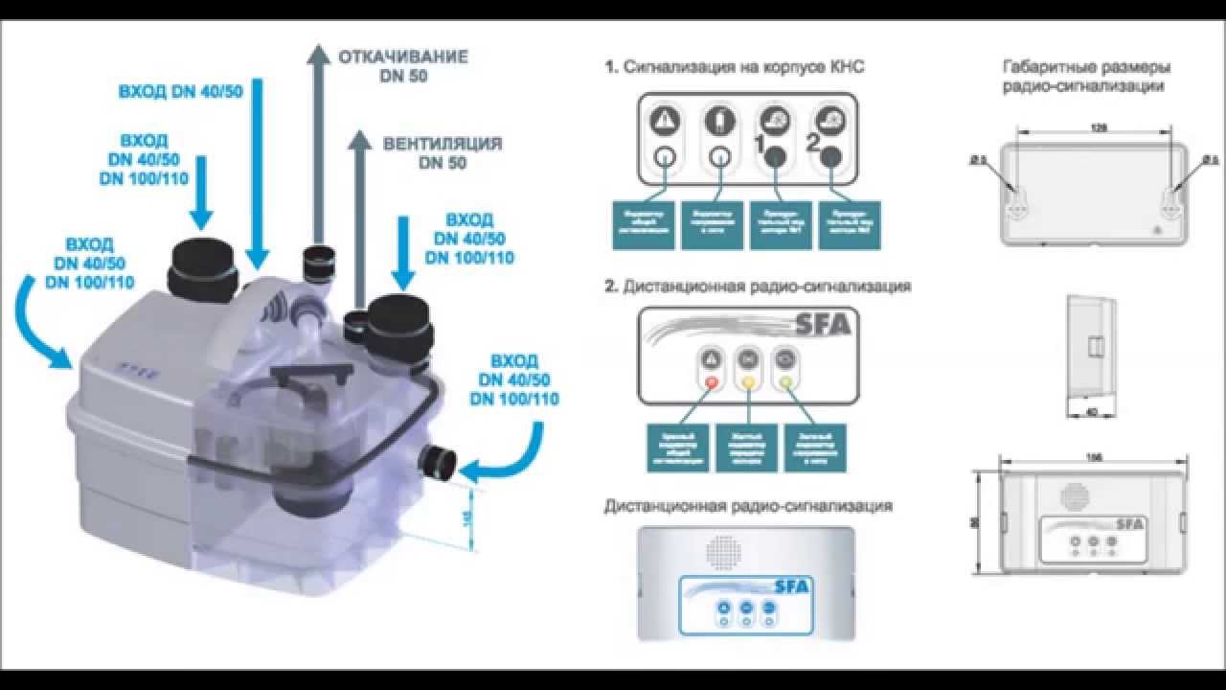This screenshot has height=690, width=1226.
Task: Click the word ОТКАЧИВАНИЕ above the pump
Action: pyautogui.click(x=402, y=57)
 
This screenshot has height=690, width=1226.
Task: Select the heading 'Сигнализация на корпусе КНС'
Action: pyautogui.click(x=748, y=68)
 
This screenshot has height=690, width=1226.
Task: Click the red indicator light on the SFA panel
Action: pyautogui.click(x=712, y=382)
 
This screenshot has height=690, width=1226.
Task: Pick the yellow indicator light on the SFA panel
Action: pyautogui.click(x=747, y=382)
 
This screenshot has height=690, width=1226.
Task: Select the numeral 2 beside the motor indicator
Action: pyautogui.click(x=813, y=146)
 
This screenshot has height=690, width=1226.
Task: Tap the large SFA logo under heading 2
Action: pyautogui.click(x=824, y=325)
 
